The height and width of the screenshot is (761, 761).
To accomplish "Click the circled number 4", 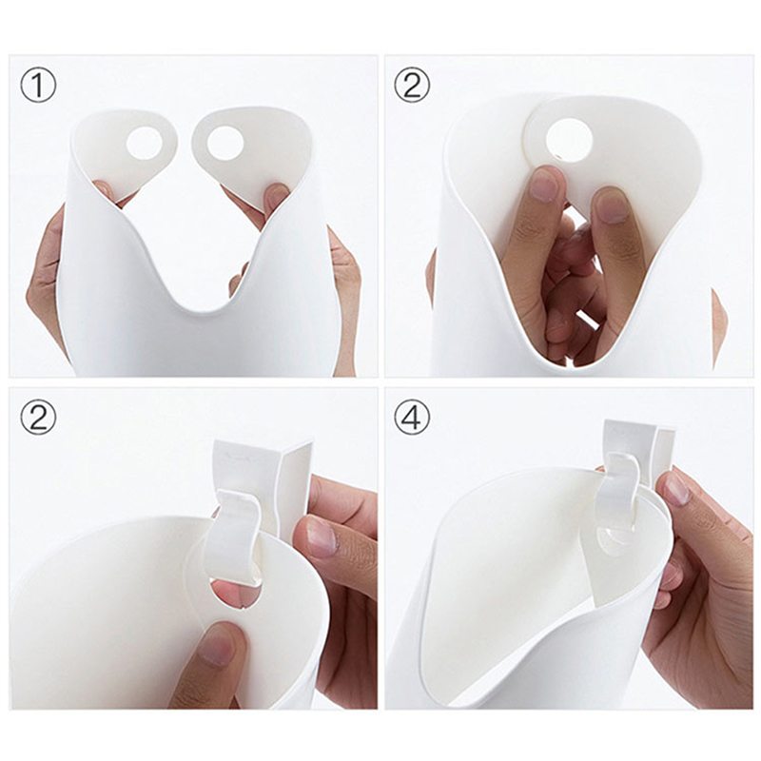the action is pos(412,417).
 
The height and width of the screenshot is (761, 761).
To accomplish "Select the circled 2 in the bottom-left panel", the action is pos(38,417).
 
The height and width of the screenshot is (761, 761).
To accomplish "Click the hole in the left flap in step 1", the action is pos(145,145).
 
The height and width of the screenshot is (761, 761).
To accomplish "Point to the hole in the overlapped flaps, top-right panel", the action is pos(570,140).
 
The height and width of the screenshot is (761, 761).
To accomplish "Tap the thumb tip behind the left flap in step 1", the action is pos(103,190).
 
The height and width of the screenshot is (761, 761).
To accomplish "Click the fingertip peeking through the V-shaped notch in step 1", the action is pos(239,282).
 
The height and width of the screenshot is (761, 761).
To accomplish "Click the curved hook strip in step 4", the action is pos(616,490).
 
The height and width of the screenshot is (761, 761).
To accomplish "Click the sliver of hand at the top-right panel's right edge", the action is pos(718,326).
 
